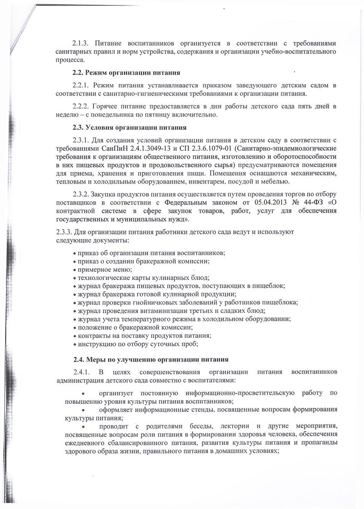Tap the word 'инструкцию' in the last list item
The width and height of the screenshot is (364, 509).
(x=96, y=344)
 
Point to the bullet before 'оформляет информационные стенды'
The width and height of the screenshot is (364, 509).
(x=82, y=410)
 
